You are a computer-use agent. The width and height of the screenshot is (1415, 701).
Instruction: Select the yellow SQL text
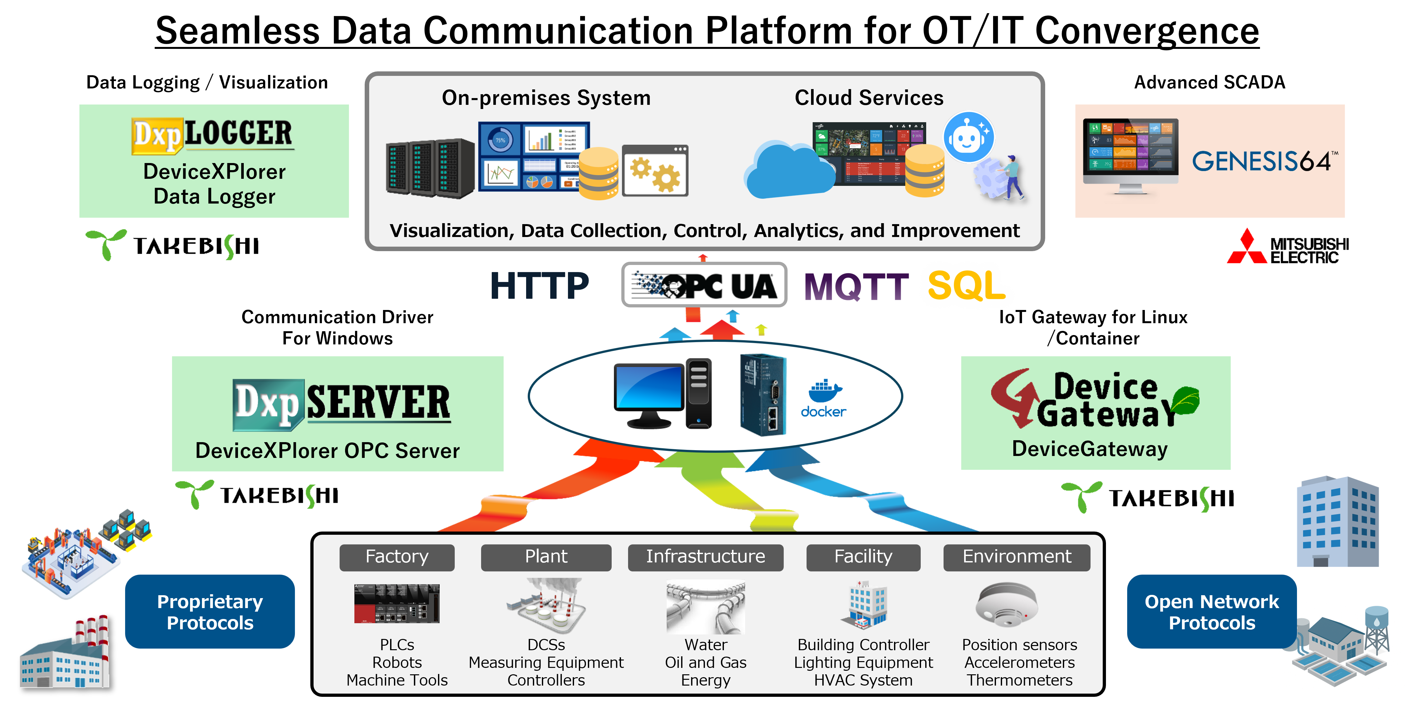coord(966,286)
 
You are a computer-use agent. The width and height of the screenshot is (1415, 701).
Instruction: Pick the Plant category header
coord(546,557)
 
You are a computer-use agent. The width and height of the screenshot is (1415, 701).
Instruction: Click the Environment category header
coord(1017,557)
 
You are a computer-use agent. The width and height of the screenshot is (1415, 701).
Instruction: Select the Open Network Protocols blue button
coord(1212,612)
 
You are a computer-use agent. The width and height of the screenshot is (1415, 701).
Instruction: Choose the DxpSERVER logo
coord(342,404)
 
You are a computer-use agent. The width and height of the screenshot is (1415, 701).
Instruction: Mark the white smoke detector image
coord(1006,605)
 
